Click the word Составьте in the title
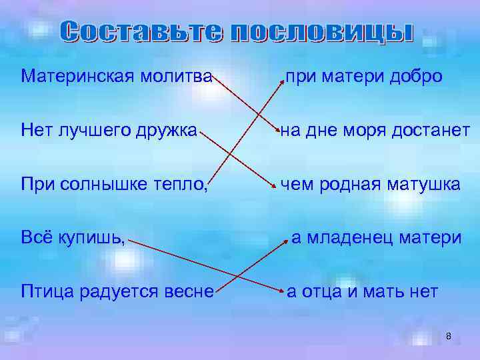point(141,32)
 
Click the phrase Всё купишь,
point(73,237)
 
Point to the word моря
point(373,130)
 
